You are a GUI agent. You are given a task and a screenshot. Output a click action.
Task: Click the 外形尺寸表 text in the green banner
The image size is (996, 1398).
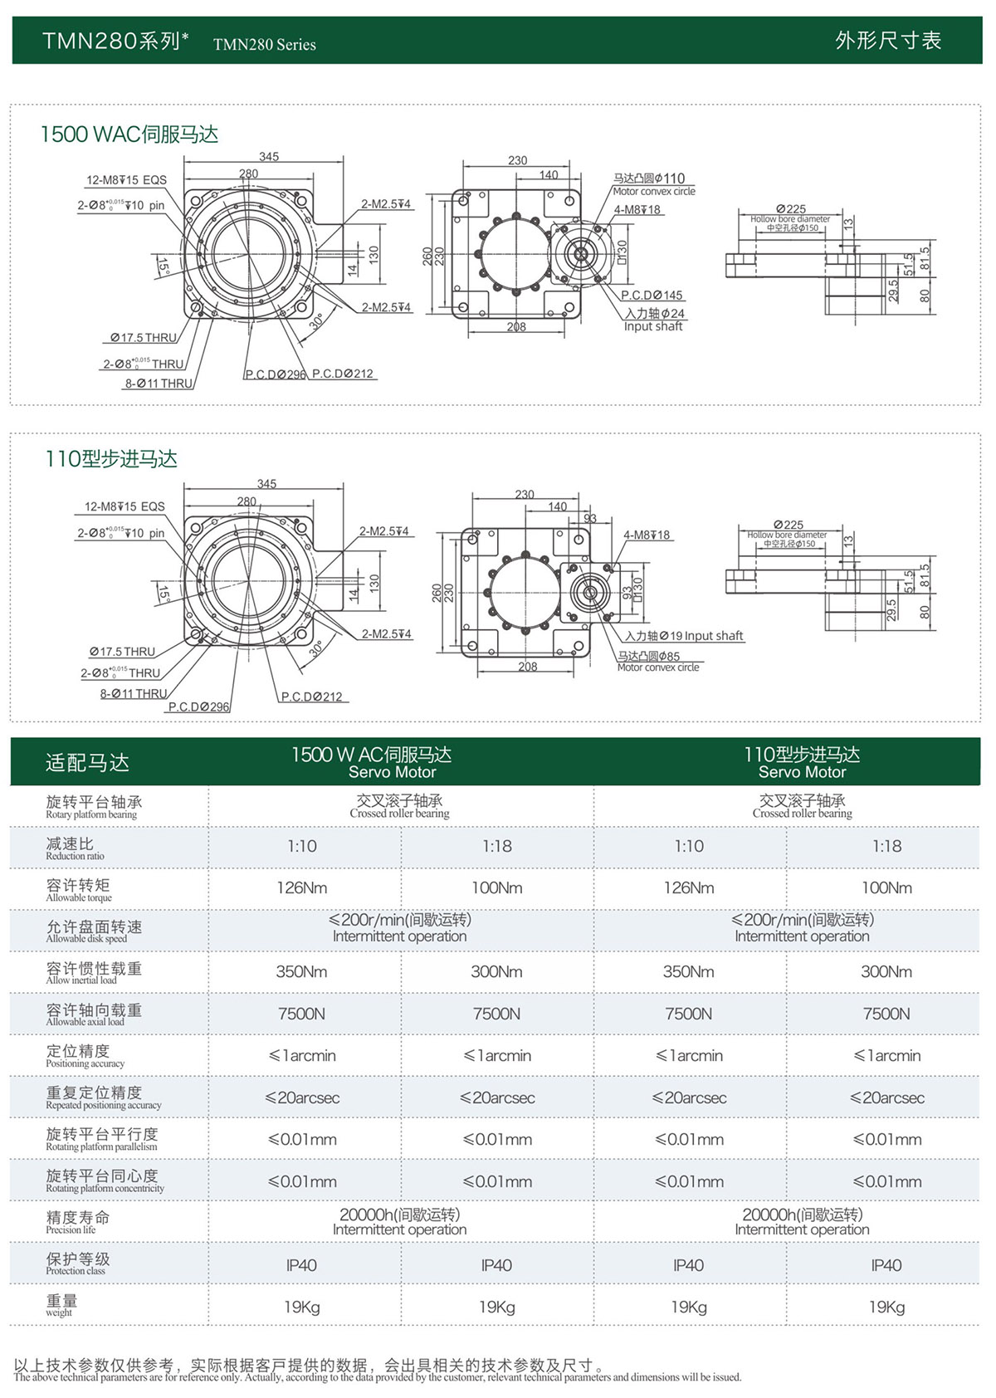tap(887, 41)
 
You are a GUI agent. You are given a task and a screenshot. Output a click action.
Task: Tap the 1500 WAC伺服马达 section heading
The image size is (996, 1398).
tap(129, 134)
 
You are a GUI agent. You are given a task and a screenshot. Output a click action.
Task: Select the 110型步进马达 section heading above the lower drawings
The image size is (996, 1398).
tap(111, 459)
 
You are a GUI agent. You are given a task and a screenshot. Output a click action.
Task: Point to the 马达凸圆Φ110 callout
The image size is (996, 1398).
tap(650, 178)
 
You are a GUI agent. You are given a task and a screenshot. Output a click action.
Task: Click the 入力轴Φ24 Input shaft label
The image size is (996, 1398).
tap(655, 320)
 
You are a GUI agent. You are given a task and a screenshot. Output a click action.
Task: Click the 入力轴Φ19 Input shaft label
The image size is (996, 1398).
tap(685, 636)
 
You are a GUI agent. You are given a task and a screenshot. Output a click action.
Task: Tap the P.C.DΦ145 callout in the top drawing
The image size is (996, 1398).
tap(652, 296)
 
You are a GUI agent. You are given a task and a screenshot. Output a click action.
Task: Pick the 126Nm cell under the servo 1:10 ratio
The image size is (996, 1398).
tap(302, 887)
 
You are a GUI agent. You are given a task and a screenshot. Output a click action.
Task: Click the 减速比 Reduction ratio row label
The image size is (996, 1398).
tap(75, 848)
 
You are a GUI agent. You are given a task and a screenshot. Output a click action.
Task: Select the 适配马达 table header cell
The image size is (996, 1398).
tap(87, 763)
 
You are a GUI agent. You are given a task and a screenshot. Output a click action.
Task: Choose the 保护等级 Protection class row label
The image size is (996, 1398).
tap(77, 1264)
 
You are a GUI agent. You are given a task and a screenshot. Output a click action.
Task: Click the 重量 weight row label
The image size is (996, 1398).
tap(61, 1305)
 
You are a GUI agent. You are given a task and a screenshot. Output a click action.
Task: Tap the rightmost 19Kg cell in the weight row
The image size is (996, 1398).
tap(886, 1307)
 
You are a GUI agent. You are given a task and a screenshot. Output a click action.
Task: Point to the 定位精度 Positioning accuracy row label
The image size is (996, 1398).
tap(85, 1055)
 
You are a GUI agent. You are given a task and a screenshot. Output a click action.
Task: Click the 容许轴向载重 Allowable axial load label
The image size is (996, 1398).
tap(93, 1014)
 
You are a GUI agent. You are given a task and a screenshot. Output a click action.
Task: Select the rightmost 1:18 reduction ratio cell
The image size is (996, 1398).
tap(886, 846)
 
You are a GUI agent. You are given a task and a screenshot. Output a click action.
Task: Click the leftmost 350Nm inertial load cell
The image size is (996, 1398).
tap(302, 971)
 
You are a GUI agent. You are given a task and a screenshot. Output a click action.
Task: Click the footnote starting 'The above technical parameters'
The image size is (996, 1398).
tap(378, 1377)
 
